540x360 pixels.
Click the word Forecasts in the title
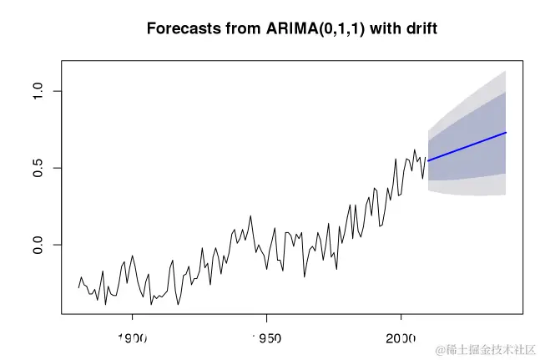point(179,28)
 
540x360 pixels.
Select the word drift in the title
point(419,28)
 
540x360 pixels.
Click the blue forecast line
point(467,146)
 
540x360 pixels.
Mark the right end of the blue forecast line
point(507,133)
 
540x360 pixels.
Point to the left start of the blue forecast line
point(428,160)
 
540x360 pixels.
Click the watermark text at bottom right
point(484,348)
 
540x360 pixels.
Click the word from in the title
point(235,28)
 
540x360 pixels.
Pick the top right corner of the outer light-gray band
point(507,71)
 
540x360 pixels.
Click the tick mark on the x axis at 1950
point(266,317)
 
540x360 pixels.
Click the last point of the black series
point(426,158)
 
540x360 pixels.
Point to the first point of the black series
point(78,288)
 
